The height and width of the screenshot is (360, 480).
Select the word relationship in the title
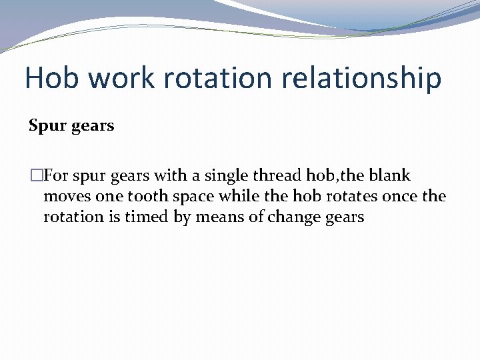pos(361,78)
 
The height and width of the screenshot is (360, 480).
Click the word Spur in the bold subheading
pos(45,126)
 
